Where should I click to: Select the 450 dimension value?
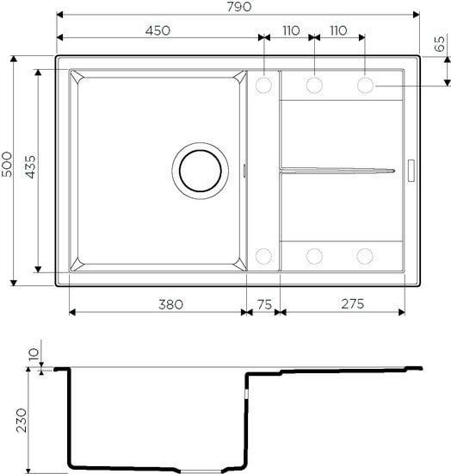tap(158, 30)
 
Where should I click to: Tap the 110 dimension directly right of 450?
tap(290, 30)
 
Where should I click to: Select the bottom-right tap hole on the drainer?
tap(366, 255)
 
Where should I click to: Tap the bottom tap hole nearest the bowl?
tap(263, 255)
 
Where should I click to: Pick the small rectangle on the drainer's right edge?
tap(411, 170)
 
